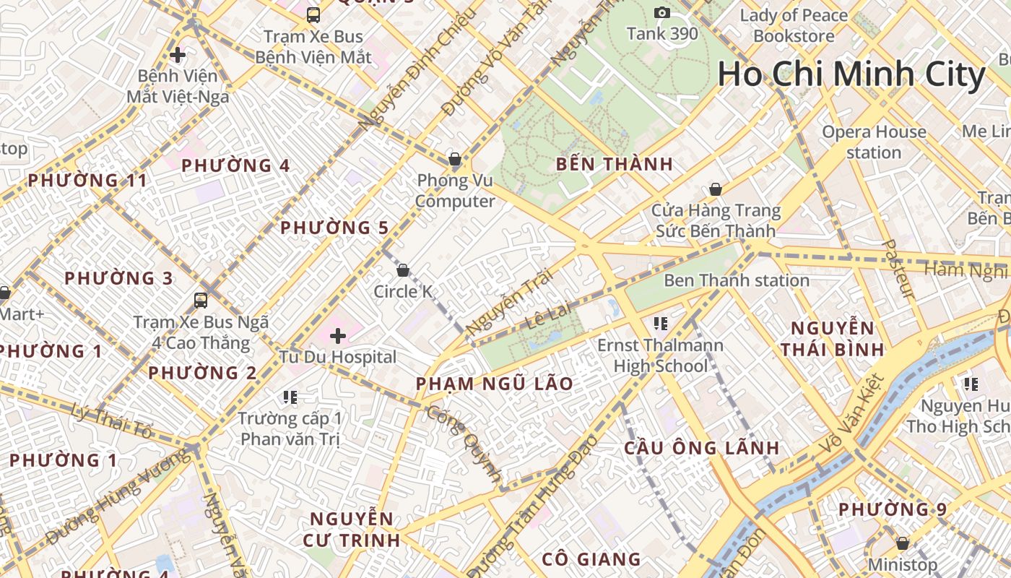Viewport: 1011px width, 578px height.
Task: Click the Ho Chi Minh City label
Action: pyautogui.click(x=851, y=74)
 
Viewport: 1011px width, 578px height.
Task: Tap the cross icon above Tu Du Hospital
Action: pyautogui.click(x=338, y=335)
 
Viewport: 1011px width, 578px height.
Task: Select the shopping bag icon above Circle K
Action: pyautogui.click(x=403, y=270)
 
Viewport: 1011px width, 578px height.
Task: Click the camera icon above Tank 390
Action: pyautogui.click(x=662, y=12)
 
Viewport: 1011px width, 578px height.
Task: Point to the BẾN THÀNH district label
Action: pyautogui.click(x=615, y=164)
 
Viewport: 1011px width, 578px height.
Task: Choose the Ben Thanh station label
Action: pyautogui.click(x=736, y=280)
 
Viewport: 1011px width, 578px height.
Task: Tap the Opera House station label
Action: pyautogui.click(x=874, y=142)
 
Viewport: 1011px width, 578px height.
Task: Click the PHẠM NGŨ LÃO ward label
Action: pyautogui.click(x=495, y=384)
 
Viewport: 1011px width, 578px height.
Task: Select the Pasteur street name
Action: pyautogui.click(x=898, y=269)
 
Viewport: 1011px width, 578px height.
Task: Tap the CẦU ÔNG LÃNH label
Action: pyautogui.click(x=702, y=448)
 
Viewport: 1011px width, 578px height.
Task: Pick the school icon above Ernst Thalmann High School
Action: pyautogui.click(x=660, y=323)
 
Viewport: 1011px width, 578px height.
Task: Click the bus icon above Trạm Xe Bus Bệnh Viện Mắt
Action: pyautogui.click(x=313, y=14)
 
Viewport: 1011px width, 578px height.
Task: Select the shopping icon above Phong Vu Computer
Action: pyautogui.click(x=455, y=158)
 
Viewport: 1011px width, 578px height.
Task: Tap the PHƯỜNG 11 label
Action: pyautogui.click(x=87, y=181)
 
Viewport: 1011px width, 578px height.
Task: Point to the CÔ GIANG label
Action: pyautogui.click(x=591, y=558)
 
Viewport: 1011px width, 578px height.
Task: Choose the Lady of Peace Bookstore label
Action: pyautogui.click(x=794, y=25)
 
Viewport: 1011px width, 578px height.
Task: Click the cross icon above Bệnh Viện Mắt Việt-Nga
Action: pyautogui.click(x=178, y=54)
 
